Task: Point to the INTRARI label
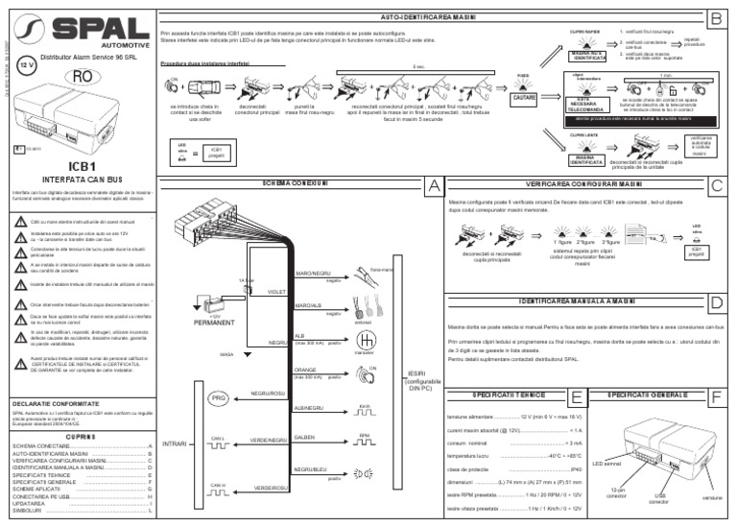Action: click(175, 444)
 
